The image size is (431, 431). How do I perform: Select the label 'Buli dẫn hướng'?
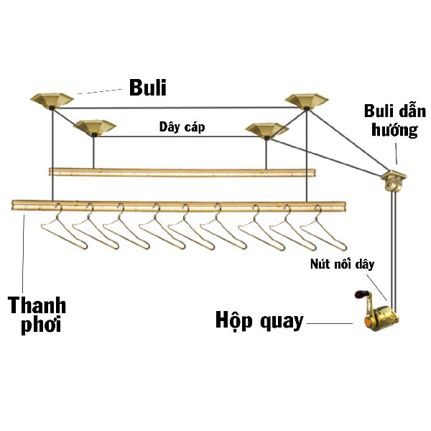pyautogui.click(x=394, y=120)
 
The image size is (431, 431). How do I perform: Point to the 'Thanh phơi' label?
pyautogui.click(x=37, y=314)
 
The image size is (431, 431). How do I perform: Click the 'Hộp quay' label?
pyautogui.click(x=259, y=320)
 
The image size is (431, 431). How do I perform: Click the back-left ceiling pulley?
pyautogui.click(x=52, y=100)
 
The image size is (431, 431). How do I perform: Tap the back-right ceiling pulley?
pyautogui.click(x=307, y=101)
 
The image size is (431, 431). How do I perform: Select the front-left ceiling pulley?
pyautogui.click(x=94, y=127)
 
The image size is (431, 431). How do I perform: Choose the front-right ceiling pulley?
pyautogui.click(x=267, y=130)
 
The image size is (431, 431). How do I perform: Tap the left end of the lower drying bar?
pyautogui.click(x=17, y=205)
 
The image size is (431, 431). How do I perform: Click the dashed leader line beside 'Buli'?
pyautogui.click(x=100, y=90)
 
